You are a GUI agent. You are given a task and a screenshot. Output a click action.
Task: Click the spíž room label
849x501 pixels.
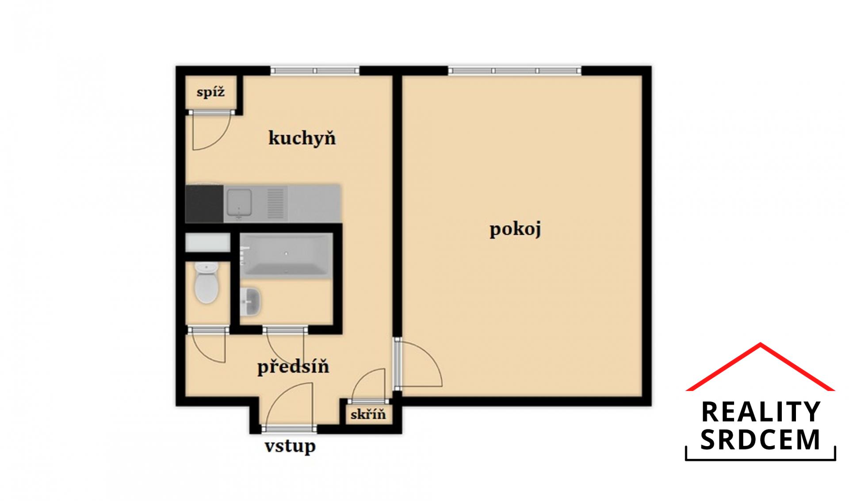211,92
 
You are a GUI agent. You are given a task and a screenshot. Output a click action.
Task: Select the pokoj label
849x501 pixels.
515,230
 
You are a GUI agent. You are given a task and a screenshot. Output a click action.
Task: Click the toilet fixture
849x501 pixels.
207,283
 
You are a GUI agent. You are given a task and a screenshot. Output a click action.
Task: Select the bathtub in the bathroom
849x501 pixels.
286,256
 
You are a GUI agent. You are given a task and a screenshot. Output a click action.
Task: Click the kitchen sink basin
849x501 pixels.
239,203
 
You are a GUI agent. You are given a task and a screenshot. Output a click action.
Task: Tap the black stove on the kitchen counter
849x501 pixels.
204,203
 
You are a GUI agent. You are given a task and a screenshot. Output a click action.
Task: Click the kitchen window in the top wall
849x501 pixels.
314,71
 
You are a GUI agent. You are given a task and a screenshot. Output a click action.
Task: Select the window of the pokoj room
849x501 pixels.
515,71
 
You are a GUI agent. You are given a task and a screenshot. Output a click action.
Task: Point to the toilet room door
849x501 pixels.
208,345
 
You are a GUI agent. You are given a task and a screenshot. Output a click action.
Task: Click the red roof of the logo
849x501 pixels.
760,366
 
